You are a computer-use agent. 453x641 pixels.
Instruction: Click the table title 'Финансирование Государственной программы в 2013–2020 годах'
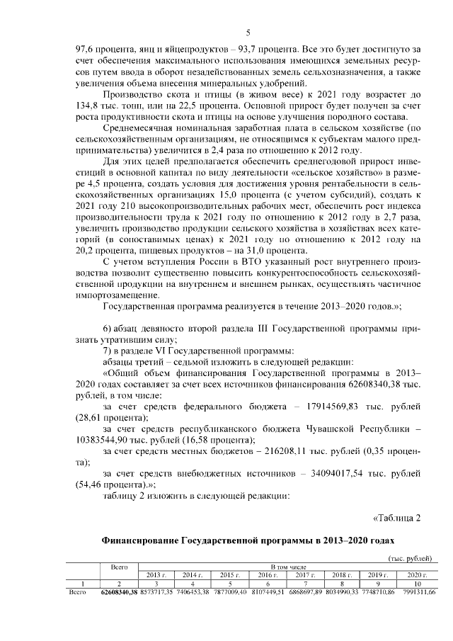[248, 539]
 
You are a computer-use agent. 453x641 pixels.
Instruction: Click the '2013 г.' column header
[156, 574]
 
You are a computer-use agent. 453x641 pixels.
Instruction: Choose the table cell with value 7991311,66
[413, 591]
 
